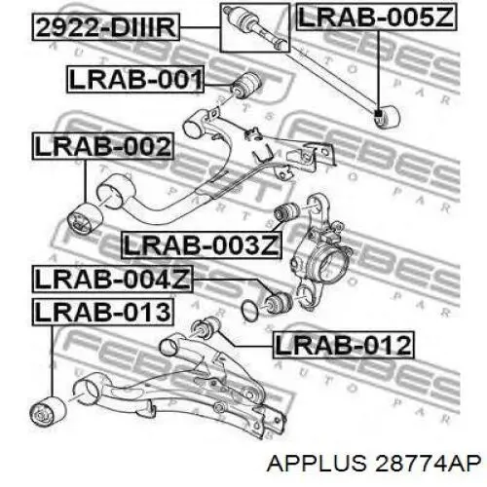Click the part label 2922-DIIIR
pyautogui.click(x=106, y=27)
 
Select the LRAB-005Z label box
pyautogui.click(x=376, y=17)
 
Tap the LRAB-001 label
pyautogui.click(x=135, y=80)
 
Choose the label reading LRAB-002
pyautogui.click(x=103, y=146)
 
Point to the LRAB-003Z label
pyautogui.click(x=202, y=244)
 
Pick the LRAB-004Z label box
pyautogui.click(x=113, y=279)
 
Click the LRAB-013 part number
pyautogui.click(x=103, y=312)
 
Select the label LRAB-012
pyautogui.click(x=344, y=345)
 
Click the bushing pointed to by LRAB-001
pyautogui.click(x=245, y=85)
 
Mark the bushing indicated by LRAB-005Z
pyautogui.click(x=387, y=116)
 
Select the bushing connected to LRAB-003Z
pyautogui.click(x=287, y=211)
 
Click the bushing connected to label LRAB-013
pyautogui.click(x=48, y=411)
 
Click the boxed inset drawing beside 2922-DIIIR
pyautogui.click(x=255, y=27)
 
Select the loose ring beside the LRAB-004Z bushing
pyautogui.click(x=250, y=310)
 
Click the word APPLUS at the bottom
pyautogui.click(x=316, y=463)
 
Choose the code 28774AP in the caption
pyautogui.click(x=427, y=463)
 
